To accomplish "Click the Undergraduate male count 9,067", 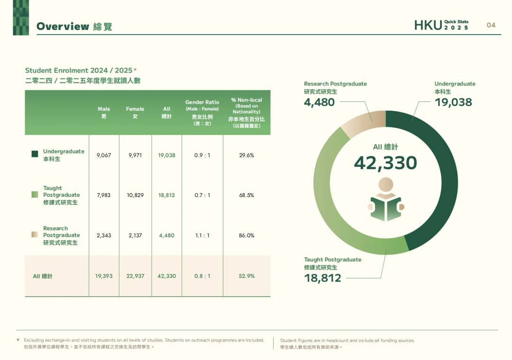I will tap(103, 155).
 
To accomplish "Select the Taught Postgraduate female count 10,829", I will tap(135, 195).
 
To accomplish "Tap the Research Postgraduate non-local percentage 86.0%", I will tap(247, 235).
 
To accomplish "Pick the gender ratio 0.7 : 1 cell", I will tap(202, 195).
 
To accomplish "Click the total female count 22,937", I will tap(135, 276).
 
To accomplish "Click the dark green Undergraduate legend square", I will tap(35, 154).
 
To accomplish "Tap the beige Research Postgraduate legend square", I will tap(35, 234).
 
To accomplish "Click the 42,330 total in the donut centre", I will tap(385, 162).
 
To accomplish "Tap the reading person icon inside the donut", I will tap(385, 200).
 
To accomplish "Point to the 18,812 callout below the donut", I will tap(322, 278).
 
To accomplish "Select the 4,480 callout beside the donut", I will tap(319, 102).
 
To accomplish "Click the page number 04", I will tap(491, 25).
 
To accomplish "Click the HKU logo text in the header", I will tap(428, 26).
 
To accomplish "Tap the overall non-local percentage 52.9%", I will tap(247, 276).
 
